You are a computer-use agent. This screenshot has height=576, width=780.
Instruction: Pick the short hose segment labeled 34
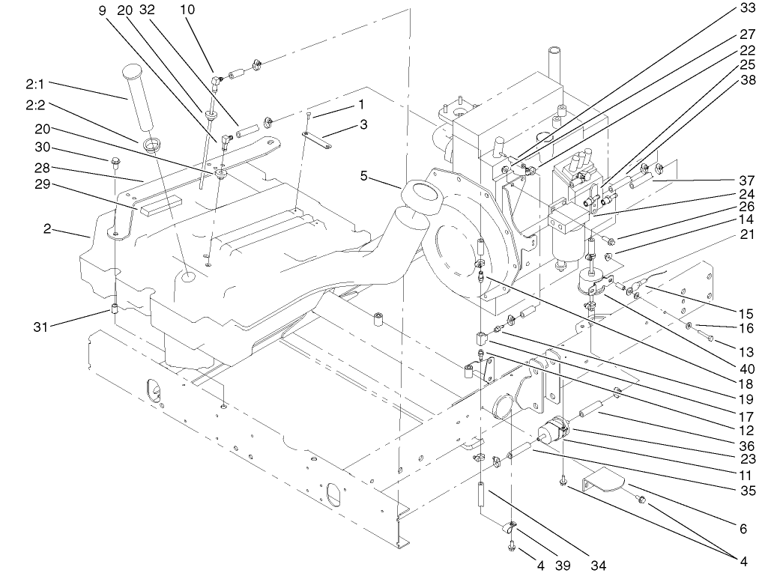pyautogui.click(x=484, y=495)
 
